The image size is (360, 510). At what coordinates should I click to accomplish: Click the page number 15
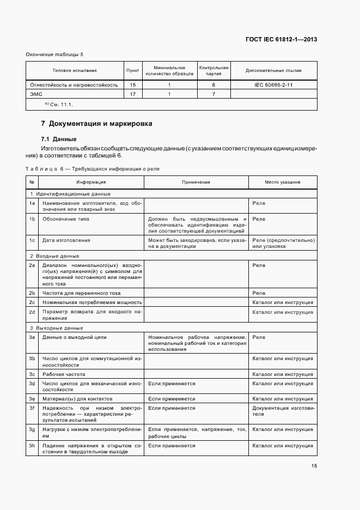314,466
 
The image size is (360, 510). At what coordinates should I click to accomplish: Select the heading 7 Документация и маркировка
97,124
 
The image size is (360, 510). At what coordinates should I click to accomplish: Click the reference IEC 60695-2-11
273,85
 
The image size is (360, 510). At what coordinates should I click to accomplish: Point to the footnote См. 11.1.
59,104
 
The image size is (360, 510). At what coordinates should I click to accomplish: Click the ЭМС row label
35,94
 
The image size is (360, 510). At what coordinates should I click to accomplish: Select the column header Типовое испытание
74,71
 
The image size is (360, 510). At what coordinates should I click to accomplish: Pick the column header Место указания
283,183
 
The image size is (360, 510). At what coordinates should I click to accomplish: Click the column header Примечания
197,183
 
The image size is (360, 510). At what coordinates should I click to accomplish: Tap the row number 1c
32,240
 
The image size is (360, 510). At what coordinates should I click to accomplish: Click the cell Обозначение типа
66,219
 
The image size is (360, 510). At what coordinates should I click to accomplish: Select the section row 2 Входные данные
54,256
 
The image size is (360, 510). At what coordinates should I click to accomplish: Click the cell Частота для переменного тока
81,293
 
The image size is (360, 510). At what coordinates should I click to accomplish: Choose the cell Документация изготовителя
283,411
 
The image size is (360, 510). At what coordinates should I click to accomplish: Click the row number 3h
32,445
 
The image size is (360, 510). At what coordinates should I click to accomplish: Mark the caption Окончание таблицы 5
54,54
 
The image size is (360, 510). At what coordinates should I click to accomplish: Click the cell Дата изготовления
66,240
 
